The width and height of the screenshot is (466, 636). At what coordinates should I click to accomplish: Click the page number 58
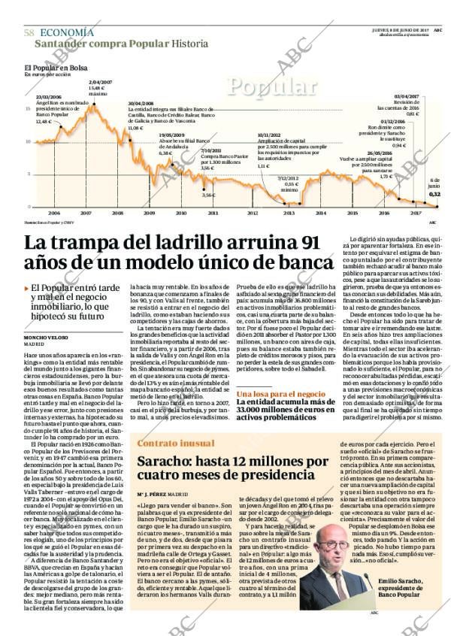click(x=29, y=33)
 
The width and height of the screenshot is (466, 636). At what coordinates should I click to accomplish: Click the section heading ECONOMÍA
click(x=67, y=32)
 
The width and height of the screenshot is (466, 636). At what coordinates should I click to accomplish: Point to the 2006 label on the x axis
click(x=53, y=213)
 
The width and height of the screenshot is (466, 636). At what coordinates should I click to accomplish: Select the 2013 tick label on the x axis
click(x=289, y=213)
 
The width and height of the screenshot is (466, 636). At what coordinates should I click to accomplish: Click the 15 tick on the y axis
click(x=28, y=109)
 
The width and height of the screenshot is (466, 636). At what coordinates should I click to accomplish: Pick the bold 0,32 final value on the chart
click(x=434, y=194)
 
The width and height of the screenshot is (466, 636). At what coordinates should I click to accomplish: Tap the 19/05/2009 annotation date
click(x=171, y=135)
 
